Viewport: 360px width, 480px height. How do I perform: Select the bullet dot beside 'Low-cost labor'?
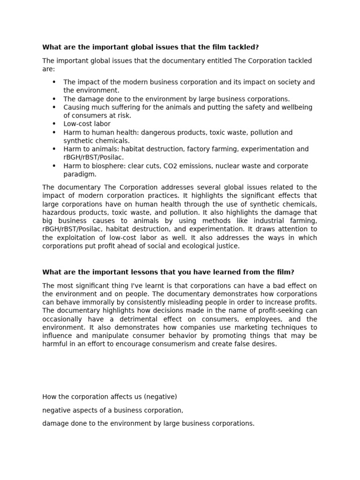[54, 124]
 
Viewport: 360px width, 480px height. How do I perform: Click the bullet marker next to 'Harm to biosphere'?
[54, 166]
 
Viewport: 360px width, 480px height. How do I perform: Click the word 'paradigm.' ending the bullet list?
[80, 174]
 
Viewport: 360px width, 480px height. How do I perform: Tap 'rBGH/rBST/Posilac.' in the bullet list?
[94, 157]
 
